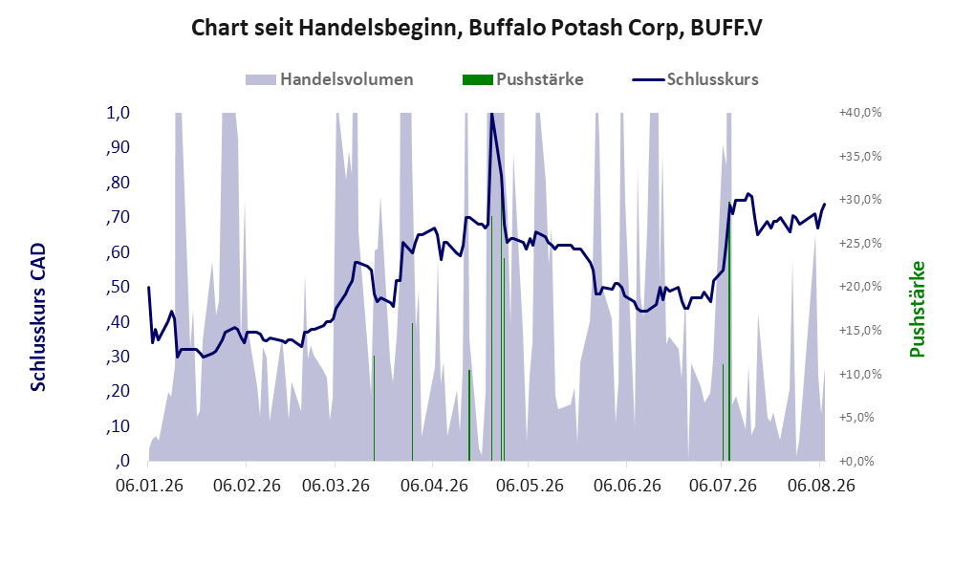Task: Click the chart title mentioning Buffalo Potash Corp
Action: tap(476, 28)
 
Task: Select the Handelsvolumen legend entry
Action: tap(330, 79)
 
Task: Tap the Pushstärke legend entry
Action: tap(523, 79)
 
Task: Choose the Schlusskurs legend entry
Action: tap(695, 79)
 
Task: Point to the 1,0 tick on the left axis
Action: tap(118, 113)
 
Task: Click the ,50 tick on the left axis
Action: tap(118, 286)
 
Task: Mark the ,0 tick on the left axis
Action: tap(122, 461)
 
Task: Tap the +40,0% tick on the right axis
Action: tap(860, 113)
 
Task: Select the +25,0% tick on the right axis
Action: tap(860, 243)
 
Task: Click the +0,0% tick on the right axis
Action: tap(857, 461)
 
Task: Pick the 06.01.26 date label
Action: tap(149, 486)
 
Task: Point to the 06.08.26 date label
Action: tap(821, 486)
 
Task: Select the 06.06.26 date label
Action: tap(627, 486)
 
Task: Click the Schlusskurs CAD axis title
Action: tap(37, 316)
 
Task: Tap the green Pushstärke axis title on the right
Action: tap(917, 309)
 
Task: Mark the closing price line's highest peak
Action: tap(491, 114)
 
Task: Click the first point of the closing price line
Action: tap(149, 287)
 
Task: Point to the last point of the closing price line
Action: tap(825, 205)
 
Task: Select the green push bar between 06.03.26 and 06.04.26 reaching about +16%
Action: tap(413, 392)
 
